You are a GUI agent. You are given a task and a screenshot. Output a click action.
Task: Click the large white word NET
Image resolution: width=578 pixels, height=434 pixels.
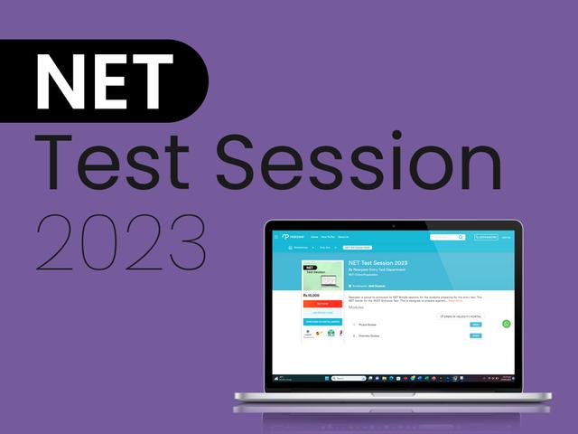(103, 80)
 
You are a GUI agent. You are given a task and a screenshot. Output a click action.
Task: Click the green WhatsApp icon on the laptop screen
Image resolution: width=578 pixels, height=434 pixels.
(506, 324)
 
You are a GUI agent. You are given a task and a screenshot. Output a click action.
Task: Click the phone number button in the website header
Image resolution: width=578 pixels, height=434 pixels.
(486, 237)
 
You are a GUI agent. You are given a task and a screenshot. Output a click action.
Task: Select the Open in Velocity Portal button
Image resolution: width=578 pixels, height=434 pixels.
(461, 316)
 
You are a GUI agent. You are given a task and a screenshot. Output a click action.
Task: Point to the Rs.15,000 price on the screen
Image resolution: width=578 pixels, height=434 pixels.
(312, 295)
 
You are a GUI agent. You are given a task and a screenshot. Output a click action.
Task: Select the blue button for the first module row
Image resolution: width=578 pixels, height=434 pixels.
(476, 325)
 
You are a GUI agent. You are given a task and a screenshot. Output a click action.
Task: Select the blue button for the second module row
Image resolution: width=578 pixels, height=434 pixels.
(476, 335)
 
